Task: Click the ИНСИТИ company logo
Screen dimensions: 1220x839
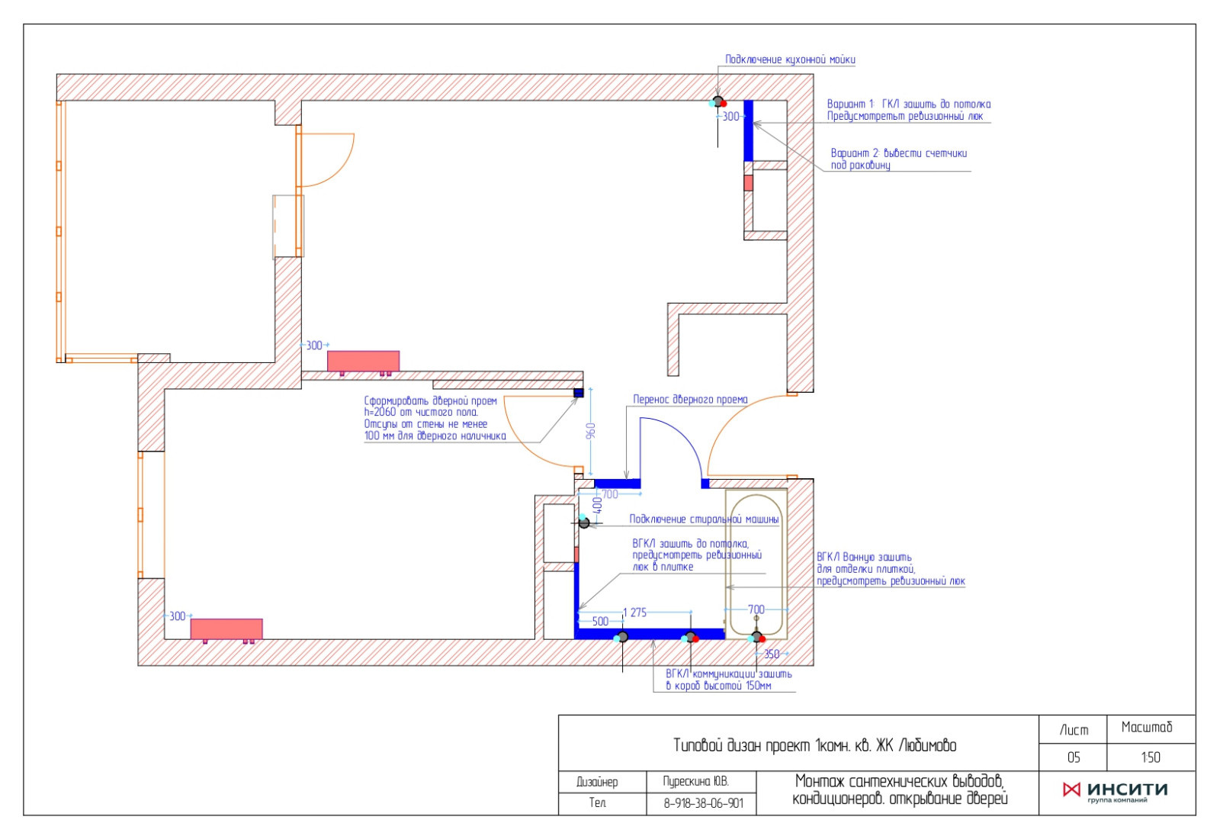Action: [1116, 791]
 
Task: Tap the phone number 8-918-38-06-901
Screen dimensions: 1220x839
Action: [703, 804]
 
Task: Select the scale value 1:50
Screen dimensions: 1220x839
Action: [1151, 757]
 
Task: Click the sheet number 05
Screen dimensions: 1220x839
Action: [1074, 757]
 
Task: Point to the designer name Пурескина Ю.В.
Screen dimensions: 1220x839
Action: [696, 782]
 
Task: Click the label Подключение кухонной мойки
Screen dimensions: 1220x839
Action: [790, 59]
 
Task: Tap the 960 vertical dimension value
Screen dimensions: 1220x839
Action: [591, 430]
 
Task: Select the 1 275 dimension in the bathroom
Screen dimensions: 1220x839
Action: [634, 612]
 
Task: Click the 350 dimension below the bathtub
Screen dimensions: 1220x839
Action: [772, 654]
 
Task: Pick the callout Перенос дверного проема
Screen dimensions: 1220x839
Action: [690, 400]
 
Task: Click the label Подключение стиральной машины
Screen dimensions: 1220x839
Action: [705, 519]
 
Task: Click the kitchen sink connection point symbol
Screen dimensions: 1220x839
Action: [718, 102]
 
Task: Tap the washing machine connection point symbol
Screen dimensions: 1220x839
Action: [584, 522]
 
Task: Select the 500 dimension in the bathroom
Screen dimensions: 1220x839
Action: [600, 622]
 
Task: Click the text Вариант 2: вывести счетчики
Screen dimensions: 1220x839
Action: [899, 153]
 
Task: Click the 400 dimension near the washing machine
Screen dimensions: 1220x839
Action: [598, 505]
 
